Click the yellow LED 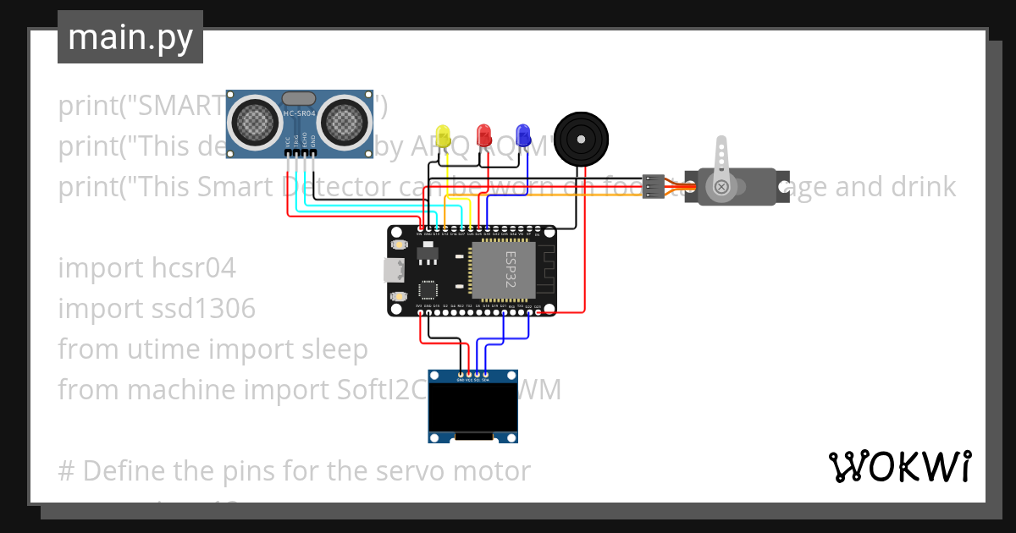tap(443, 135)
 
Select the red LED tap(483, 135)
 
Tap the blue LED tap(523, 134)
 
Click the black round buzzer tap(581, 138)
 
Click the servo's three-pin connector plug tap(653, 186)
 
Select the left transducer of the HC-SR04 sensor tap(256, 119)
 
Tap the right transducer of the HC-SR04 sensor tap(344, 119)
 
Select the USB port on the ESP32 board tap(394, 271)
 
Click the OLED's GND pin tap(461, 375)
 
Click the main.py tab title tap(130, 37)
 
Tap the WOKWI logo tap(899, 466)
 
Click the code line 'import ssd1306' tap(157, 308)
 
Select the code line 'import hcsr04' tap(146, 267)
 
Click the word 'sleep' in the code tap(332, 349)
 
